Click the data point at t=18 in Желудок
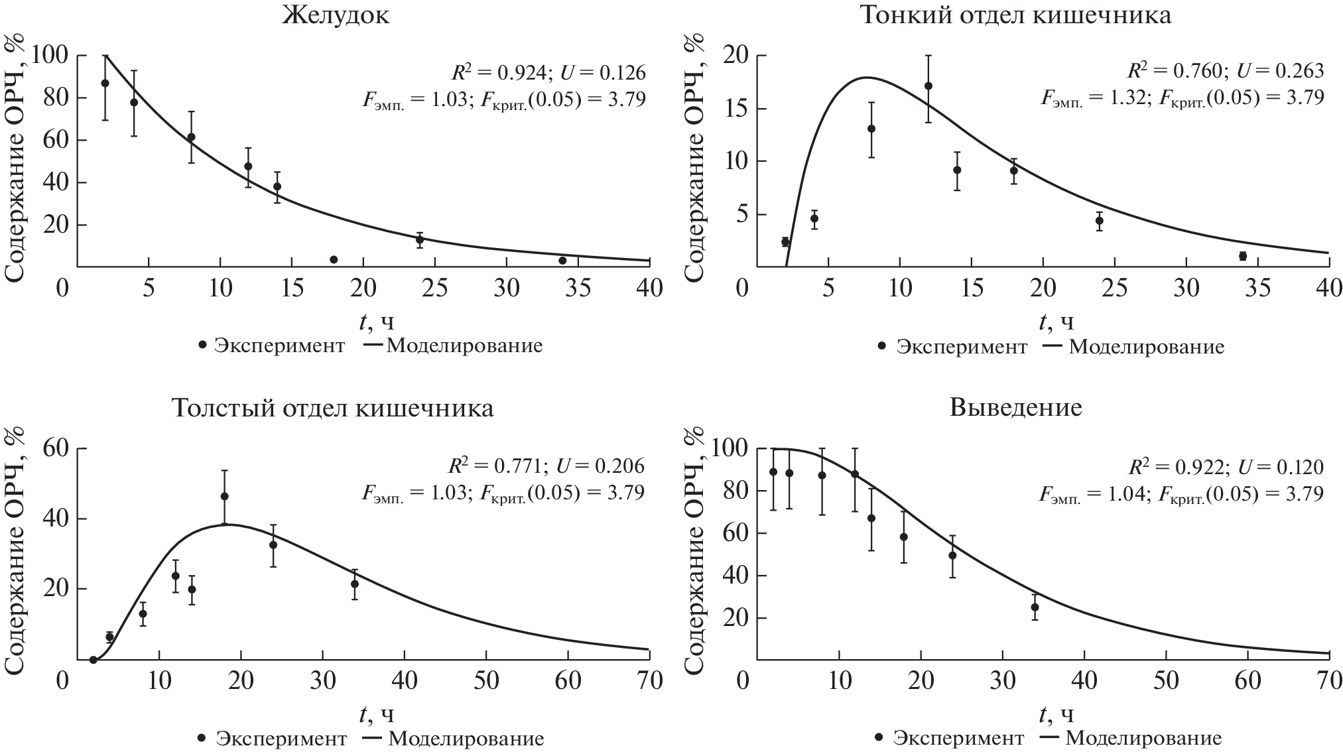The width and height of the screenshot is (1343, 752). [334, 259]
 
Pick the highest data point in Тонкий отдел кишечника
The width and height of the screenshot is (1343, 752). [928, 86]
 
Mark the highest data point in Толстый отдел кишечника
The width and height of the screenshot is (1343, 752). [224, 496]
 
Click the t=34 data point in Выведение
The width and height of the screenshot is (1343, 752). [1035, 607]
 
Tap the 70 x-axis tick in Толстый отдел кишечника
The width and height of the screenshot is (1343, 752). [648, 681]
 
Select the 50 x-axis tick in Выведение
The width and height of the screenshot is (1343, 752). [1166, 681]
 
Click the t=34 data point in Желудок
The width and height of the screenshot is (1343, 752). [562, 261]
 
